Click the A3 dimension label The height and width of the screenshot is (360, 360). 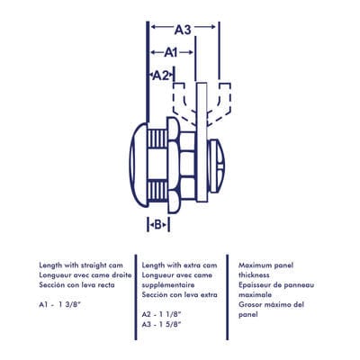[x=183, y=30]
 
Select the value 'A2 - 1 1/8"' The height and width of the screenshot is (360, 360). [x=166, y=314]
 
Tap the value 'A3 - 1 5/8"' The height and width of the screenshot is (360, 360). [x=166, y=324]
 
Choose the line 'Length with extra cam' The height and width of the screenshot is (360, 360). [x=179, y=265]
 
